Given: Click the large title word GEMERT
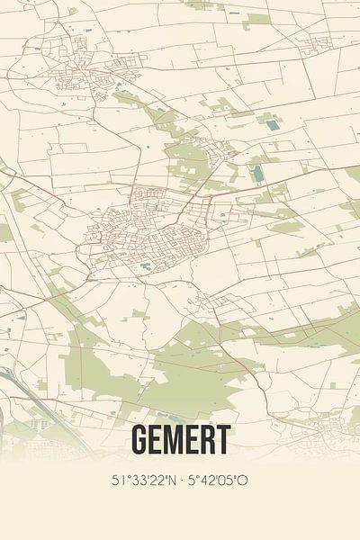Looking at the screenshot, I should click(180, 440).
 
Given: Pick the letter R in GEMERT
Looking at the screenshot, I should click(205, 440).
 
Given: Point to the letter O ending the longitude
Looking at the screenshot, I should click(243, 481).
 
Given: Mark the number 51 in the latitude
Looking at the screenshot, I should click(117, 481).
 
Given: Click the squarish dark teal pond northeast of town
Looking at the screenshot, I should click(271, 125).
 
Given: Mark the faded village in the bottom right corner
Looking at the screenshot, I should click(324, 423).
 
